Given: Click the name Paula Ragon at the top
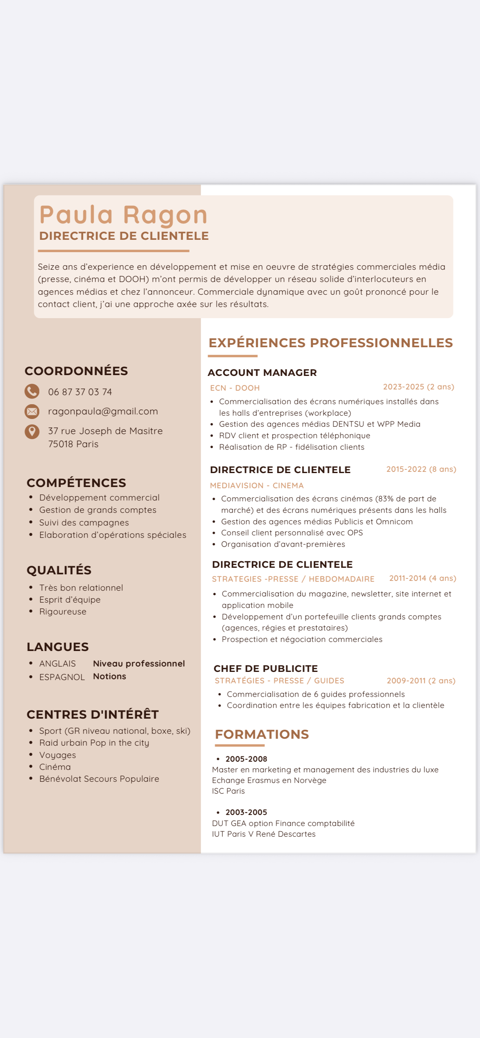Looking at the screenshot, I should (123, 215).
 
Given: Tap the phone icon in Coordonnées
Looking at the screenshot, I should (32, 392).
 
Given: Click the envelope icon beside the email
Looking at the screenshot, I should (32, 411).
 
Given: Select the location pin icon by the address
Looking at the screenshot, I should (32, 431).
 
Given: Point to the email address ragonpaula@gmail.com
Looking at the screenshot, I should (103, 411).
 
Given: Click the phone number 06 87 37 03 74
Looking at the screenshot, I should (80, 392).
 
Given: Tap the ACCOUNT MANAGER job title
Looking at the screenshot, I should (262, 373).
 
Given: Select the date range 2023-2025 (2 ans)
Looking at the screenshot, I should (418, 387).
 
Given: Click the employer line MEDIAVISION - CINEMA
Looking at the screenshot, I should (257, 485).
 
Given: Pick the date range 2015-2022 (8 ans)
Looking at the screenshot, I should (421, 469).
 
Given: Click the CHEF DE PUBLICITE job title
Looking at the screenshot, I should (266, 669).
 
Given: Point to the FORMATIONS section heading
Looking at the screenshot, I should (262, 734).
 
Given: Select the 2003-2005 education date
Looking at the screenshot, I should (246, 812).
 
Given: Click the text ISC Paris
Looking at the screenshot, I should (228, 791).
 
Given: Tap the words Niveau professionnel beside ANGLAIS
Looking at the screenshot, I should (139, 663).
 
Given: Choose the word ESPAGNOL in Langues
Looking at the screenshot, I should (62, 677).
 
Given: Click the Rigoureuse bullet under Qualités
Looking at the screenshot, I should (63, 612).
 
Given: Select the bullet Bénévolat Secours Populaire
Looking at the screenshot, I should (99, 779).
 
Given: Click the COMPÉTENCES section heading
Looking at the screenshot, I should (76, 483).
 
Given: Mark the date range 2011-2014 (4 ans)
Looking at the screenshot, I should (423, 578).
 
